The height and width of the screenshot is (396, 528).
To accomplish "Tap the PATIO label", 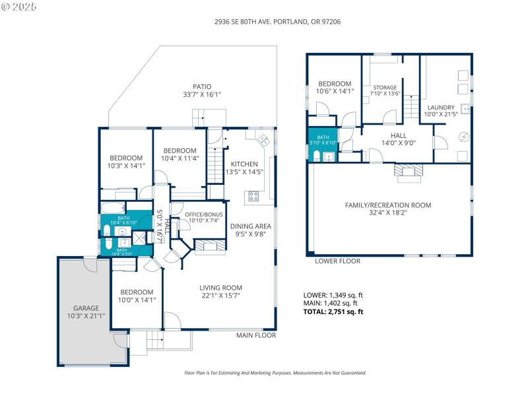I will pyautogui.click(x=202, y=86).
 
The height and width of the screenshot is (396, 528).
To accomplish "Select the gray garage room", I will pyautogui.click(x=86, y=310).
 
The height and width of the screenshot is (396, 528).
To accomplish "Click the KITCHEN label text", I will pyautogui.click(x=244, y=164).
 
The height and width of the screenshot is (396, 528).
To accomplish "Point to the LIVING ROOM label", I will pyautogui.click(x=221, y=288).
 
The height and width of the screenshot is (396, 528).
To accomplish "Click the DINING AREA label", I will pyautogui.click(x=251, y=226).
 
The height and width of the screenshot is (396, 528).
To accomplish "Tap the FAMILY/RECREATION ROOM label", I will pyautogui.click(x=388, y=205).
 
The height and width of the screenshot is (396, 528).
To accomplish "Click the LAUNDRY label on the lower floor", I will pyautogui.click(x=440, y=108).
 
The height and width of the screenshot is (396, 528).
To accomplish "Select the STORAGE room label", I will pyautogui.click(x=385, y=87).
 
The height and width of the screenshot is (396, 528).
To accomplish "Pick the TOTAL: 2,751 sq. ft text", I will pyautogui.click(x=333, y=312).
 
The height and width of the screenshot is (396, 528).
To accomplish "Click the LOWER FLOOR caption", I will pyautogui.click(x=337, y=261).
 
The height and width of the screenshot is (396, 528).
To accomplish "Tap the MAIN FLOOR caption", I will pyautogui.click(x=256, y=335).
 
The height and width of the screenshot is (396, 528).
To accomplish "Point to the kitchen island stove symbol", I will pyautogui.click(x=253, y=195).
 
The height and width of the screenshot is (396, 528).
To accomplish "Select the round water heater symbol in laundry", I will pyautogui.click(x=463, y=137).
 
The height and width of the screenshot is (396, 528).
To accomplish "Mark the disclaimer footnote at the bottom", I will pyautogui.click(x=275, y=373).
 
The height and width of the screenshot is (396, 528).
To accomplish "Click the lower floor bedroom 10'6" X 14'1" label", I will pyautogui.click(x=335, y=84).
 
